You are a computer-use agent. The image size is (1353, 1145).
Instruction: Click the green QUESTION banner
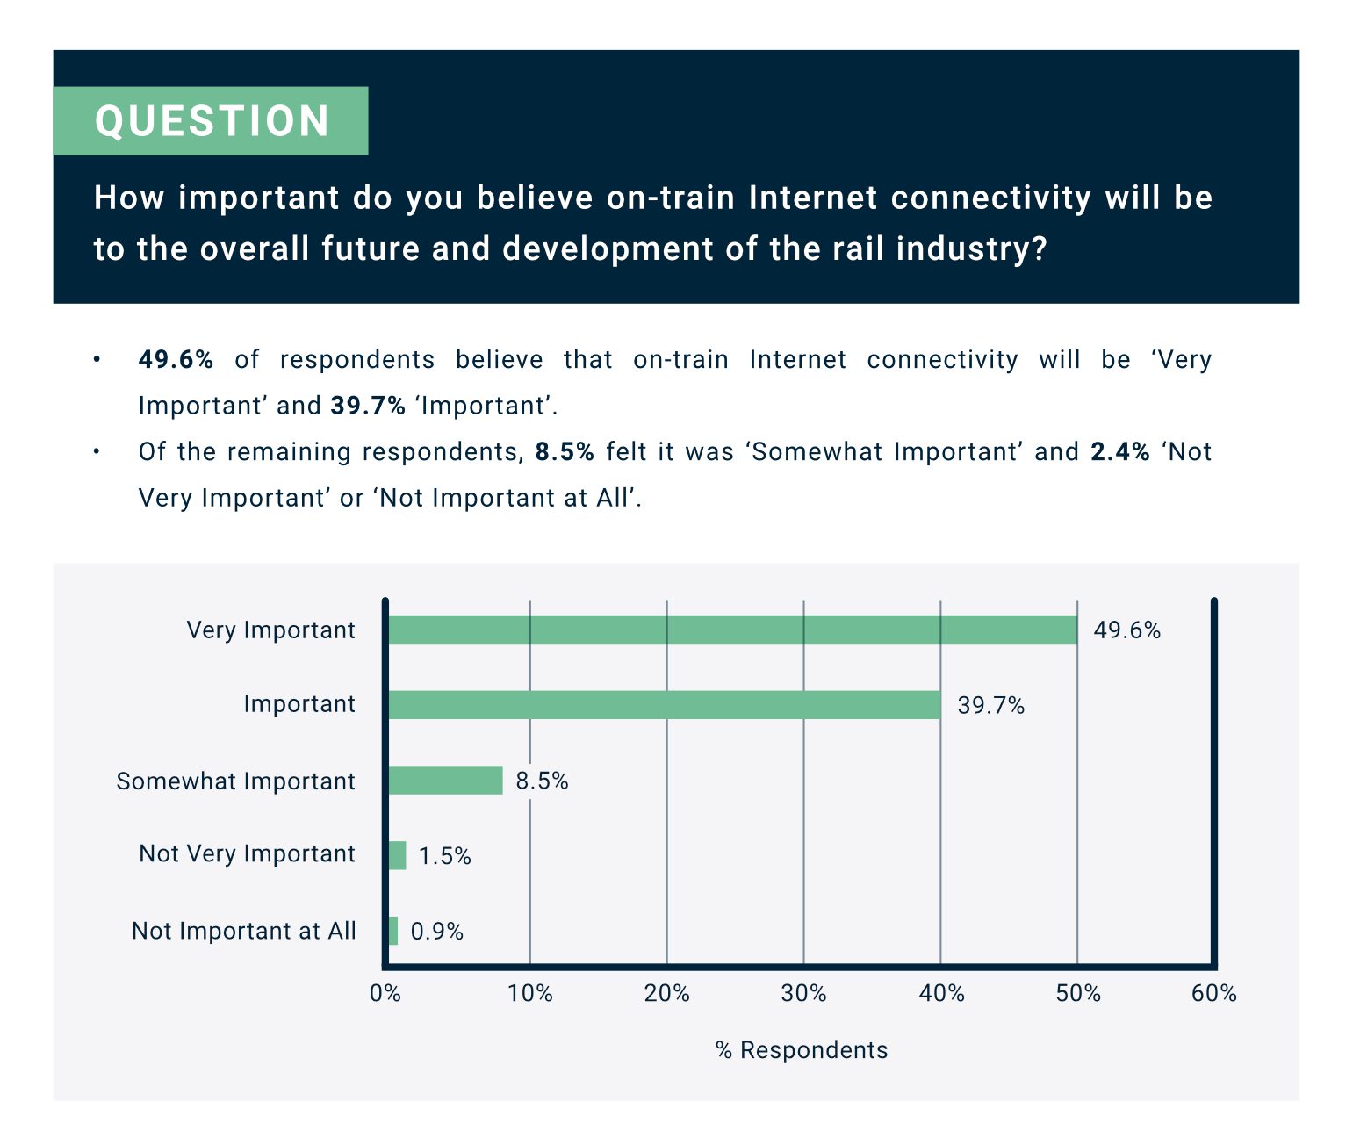[210, 120]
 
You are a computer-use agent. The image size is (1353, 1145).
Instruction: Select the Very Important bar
[733, 630]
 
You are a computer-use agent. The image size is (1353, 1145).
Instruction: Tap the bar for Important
[665, 705]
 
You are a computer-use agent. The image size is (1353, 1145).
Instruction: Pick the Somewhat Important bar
[446, 781]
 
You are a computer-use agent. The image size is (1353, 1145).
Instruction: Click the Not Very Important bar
[398, 855]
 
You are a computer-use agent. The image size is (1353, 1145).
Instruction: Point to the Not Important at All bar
[393, 931]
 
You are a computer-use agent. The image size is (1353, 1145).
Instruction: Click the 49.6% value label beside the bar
[1126, 630]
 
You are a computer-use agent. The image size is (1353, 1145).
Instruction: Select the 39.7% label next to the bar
[990, 706]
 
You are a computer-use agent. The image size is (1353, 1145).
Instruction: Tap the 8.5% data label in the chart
[542, 781]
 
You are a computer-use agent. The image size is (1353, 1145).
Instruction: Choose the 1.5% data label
[444, 856]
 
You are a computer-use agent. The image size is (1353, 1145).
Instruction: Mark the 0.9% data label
[436, 932]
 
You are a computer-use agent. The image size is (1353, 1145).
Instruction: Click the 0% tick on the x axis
[385, 994]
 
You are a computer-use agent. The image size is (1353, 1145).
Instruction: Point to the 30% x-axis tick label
[803, 994]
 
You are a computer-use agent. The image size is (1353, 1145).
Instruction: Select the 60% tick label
[1213, 994]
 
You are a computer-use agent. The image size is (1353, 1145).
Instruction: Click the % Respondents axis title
[802, 1050]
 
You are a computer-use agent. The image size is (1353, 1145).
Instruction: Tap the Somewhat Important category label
[235, 781]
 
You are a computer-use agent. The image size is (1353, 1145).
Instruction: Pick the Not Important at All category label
[243, 931]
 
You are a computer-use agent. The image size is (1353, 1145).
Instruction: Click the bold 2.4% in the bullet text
[1120, 451]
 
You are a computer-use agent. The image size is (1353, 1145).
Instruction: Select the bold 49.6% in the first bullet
[176, 359]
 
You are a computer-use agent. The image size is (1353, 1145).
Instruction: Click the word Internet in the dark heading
[812, 197]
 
